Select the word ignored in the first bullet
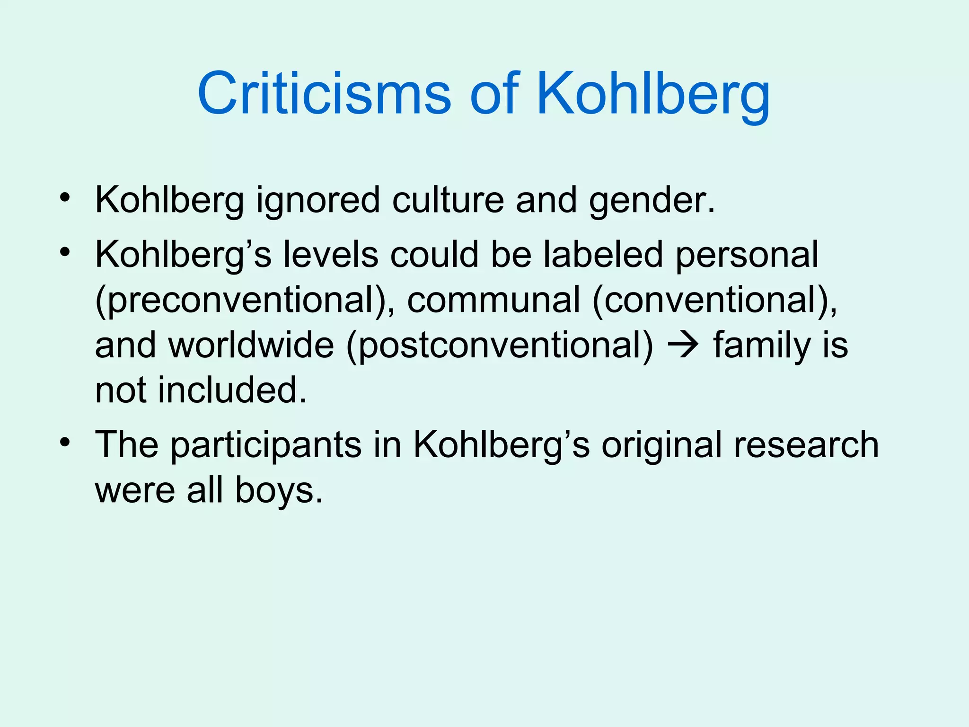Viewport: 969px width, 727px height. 318,201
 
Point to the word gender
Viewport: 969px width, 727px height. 652,201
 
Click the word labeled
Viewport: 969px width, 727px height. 603,254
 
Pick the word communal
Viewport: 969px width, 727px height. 493,300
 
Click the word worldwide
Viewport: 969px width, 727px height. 251,345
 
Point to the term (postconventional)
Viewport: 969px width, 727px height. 500,346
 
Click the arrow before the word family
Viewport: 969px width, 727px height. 683,346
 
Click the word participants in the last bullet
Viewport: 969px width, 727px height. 266,446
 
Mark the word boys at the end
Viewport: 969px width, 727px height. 279,490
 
